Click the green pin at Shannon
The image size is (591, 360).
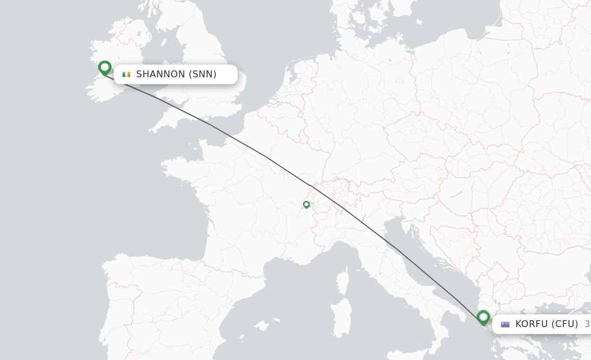[104, 67]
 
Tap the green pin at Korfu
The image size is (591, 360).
[483, 317]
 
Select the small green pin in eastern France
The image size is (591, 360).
[306, 204]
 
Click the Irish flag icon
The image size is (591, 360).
[126, 74]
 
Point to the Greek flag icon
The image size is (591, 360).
[505, 324]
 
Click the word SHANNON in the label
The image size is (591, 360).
[160, 74]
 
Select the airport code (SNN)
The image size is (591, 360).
[203, 74]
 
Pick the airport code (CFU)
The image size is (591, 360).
[564, 324]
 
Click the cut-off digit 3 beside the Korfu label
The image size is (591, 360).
[587, 324]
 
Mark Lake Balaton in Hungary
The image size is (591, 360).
[455, 195]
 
